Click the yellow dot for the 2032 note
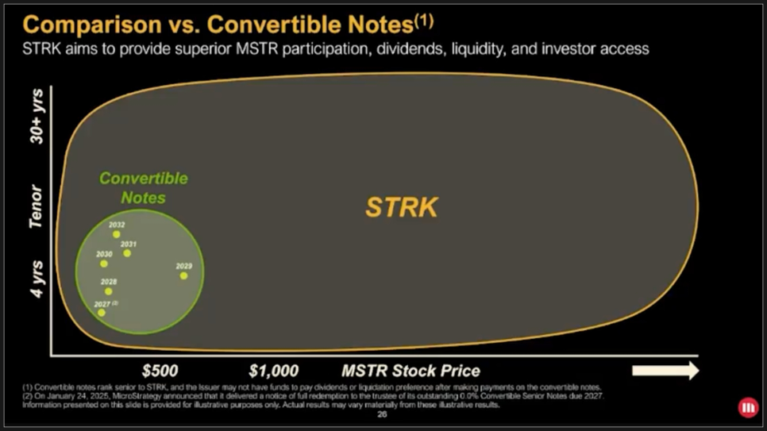[117, 235]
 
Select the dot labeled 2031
[127, 253]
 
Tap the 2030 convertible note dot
[104, 264]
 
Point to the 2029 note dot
[183, 275]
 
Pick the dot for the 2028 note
[109, 291]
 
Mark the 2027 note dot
[102, 313]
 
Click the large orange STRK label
[401, 207]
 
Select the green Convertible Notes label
[144, 187]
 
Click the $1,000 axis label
[273, 371]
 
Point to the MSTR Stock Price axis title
[410, 371]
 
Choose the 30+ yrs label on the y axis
[37, 117]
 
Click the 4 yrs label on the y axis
[37, 280]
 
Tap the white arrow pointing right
[665, 371]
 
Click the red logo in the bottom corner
[748, 408]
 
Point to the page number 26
[383, 414]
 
